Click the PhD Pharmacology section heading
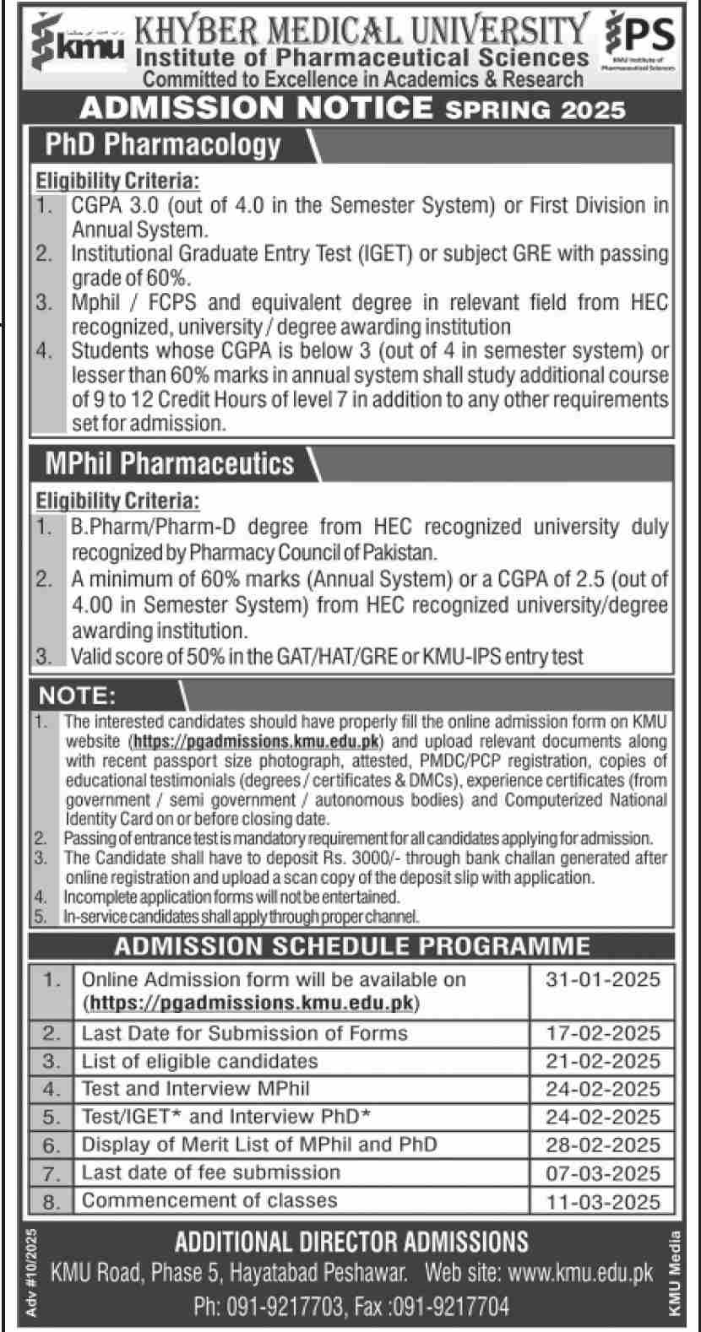pyautogui.click(x=163, y=144)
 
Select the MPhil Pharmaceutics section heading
pyautogui.click(x=170, y=463)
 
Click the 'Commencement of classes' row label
pyautogui.click(x=209, y=1200)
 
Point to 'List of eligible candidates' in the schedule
pyautogui.click(x=200, y=1061)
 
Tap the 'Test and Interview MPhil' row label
pyautogui.click(x=196, y=1089)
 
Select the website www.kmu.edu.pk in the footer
pyautogui.click(x=583, y=1272)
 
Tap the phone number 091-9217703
pyautogui.click(x=287, y=1308)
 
